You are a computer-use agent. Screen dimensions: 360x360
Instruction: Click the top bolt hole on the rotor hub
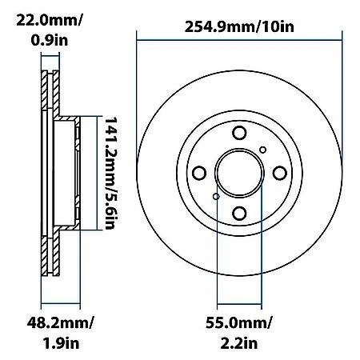coord(239,134)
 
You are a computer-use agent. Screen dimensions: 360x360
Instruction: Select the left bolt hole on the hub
coord(199,174)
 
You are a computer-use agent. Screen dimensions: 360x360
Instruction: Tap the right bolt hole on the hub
coord(279,174)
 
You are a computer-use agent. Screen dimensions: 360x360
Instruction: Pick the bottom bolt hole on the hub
coord(239,213)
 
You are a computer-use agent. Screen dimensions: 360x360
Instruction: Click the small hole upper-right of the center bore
coord(262,150)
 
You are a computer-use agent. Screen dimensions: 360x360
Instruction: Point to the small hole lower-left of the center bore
coord(216,197)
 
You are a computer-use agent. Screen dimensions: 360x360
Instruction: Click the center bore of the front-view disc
coord(239,174)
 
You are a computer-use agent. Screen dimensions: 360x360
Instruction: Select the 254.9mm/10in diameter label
coord(239,28)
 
